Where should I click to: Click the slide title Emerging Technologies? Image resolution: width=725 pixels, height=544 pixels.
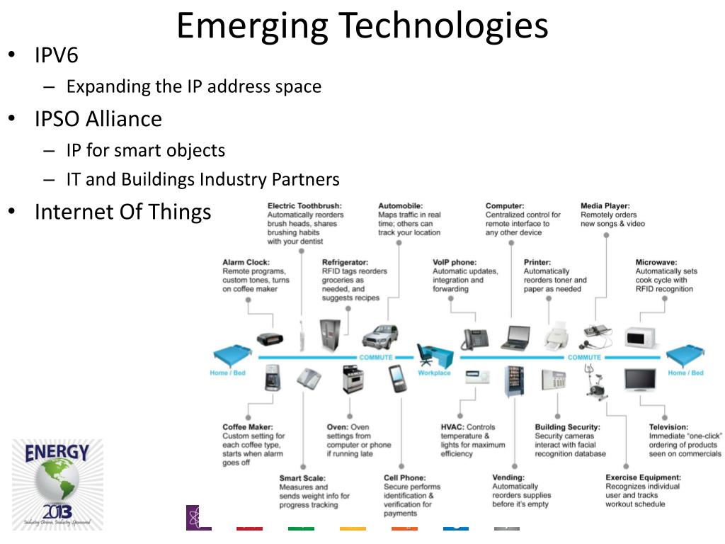point(362,25)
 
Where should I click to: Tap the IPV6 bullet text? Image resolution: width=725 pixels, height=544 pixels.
point(57,55)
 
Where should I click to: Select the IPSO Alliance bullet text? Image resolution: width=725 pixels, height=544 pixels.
point(98,118)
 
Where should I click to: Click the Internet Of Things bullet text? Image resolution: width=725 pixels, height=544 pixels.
point(122,212)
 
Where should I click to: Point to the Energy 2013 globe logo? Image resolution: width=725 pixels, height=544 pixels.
point(57,484)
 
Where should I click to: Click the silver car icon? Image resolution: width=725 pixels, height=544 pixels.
point(380,335)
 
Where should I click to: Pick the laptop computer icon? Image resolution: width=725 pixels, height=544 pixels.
point(515,338)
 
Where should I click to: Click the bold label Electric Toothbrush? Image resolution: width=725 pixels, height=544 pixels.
point(302,206)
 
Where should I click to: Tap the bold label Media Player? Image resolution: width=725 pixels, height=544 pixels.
point(605,206)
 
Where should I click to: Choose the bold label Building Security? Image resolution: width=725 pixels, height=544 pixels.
point(567,427)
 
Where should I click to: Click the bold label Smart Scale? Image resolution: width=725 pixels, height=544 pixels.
point(302,478)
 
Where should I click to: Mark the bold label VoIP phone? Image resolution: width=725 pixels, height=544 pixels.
point(455,262)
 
